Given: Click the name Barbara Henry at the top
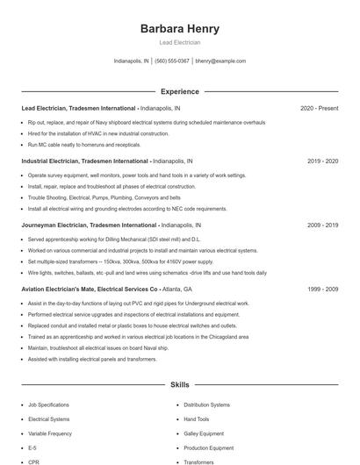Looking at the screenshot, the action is click(180, 28).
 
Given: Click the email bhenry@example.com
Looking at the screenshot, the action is click(220, 61).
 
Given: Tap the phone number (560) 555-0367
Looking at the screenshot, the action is click(173, 61).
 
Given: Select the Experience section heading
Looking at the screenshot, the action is click(180, 91).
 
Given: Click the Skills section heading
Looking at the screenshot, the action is click(180, 384).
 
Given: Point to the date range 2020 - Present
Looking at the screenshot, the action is click(319, 109).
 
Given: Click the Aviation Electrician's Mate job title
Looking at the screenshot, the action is click(89, 289).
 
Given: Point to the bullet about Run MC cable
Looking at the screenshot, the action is click(83, 145).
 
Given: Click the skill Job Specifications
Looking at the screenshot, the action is click(48, 405).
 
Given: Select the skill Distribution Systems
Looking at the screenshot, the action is click(208, 405).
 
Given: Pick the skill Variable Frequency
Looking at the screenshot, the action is click(50, 433).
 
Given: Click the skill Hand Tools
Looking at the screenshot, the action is click(198, 419).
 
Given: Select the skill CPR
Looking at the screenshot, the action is click(34, 461).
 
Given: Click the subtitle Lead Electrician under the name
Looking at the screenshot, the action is click(180, 42).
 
